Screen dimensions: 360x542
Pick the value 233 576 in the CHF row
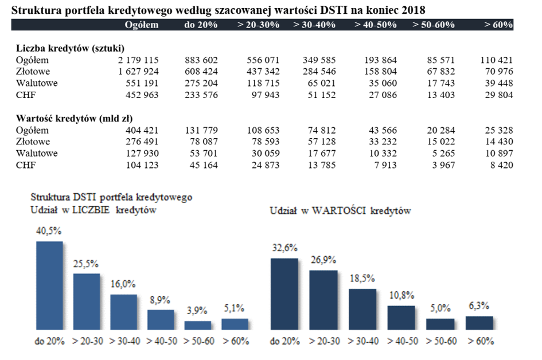pos(201,95)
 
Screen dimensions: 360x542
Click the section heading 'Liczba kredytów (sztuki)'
pos(70,48)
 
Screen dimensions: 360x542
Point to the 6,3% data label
pos(478,306)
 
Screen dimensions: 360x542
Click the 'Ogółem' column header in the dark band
pos(141,25)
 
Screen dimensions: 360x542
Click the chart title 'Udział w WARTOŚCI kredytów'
pos(341,210)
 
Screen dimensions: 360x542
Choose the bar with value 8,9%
pos(160,319)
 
